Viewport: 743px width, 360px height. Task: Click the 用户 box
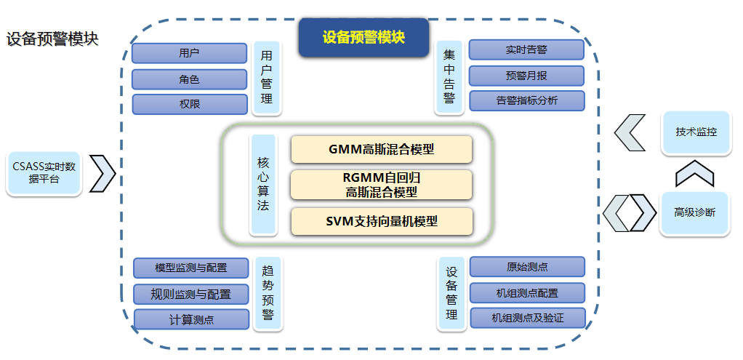click(x=190, y=53)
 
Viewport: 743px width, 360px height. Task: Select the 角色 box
click(x=190, y=79)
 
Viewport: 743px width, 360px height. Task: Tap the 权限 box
click(x=190, y=104)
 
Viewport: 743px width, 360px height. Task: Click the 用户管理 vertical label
click(x=267, y=77)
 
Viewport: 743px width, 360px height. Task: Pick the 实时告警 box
click(x=526, y=49)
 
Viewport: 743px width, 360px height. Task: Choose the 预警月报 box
click(x=526, y=75)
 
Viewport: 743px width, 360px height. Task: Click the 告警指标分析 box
click(x=526, y=100)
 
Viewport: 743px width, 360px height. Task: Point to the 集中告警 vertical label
click(x=449, y=76)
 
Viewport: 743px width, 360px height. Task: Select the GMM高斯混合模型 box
click(x=382, y=149)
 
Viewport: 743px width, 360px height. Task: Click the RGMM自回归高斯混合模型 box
click(x=382, y=185)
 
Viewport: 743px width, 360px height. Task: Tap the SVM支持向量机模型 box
click(x=382, y=221)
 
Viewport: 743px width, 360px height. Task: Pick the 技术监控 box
click(x=695, y=132)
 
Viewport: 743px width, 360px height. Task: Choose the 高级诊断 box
click(x=694, y=212)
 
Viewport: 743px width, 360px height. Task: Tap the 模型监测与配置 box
click(x=190, y=268)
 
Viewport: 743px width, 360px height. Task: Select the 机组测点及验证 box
click(x=527, y=318)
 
